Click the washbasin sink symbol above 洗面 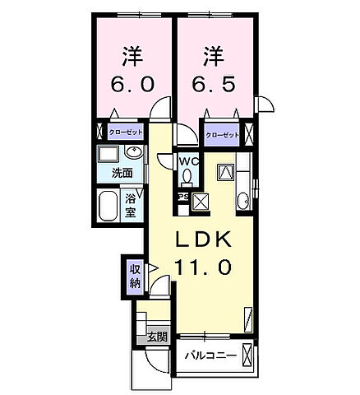click(x=133, y=154)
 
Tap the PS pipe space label click(x=183, y=197)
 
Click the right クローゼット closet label click(x=221, y=134)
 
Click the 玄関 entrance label click(x=157, y=337)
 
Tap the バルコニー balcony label click(x=210, y=357)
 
